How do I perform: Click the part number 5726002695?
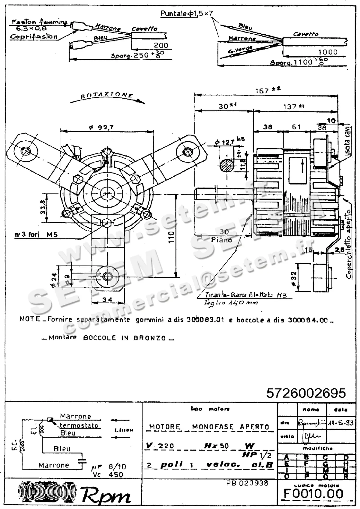[306, 393]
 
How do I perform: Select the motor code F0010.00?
[313, 493]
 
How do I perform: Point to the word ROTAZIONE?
[106, 95]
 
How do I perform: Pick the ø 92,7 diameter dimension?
[101, 127]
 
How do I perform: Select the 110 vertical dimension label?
[171, 237]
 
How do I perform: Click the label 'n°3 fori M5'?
[36, 235]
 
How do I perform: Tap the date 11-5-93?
[340, 423]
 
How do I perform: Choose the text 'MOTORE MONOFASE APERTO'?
[209, 427]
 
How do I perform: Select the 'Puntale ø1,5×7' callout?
[187, 13]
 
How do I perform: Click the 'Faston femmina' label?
[39, 22]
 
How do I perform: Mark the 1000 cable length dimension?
[328, 52]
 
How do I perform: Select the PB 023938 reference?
[247, 483]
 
